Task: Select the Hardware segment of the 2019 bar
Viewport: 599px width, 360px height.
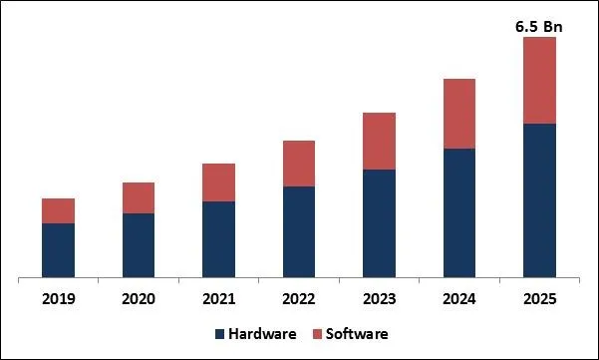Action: click(x=58, y=249)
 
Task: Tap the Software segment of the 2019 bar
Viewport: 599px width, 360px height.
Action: click(x=58, y=210)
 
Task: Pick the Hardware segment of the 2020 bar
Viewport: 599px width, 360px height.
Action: click(x=139, y=244)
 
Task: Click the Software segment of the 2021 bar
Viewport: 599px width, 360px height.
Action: click(x=218, y=182)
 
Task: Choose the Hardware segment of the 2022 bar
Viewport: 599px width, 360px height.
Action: click(x=299, y=231)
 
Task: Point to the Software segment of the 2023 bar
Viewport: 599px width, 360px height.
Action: click(x=379, y=141)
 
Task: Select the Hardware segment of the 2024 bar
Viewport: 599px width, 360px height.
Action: click(x=459, y=212)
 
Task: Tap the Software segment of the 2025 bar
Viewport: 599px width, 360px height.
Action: click(x=539, y=81)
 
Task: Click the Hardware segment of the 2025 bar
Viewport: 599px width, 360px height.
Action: click(x=539, y=199)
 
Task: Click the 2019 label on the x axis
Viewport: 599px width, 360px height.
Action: click(x=58, y=298)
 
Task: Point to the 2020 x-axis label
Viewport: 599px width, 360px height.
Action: click(x=139, y=298)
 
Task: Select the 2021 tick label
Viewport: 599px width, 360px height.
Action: click(x=218, y=298)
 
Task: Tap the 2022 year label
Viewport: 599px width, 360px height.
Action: click(x=299, y=298)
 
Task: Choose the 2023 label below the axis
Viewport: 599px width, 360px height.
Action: click(x=379, y=298)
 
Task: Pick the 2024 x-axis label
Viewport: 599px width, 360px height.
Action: click(x=459, y=298)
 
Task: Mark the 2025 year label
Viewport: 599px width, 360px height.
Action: click(x=539, y=298)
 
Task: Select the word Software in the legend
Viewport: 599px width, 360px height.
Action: click(x=355, y=333)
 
